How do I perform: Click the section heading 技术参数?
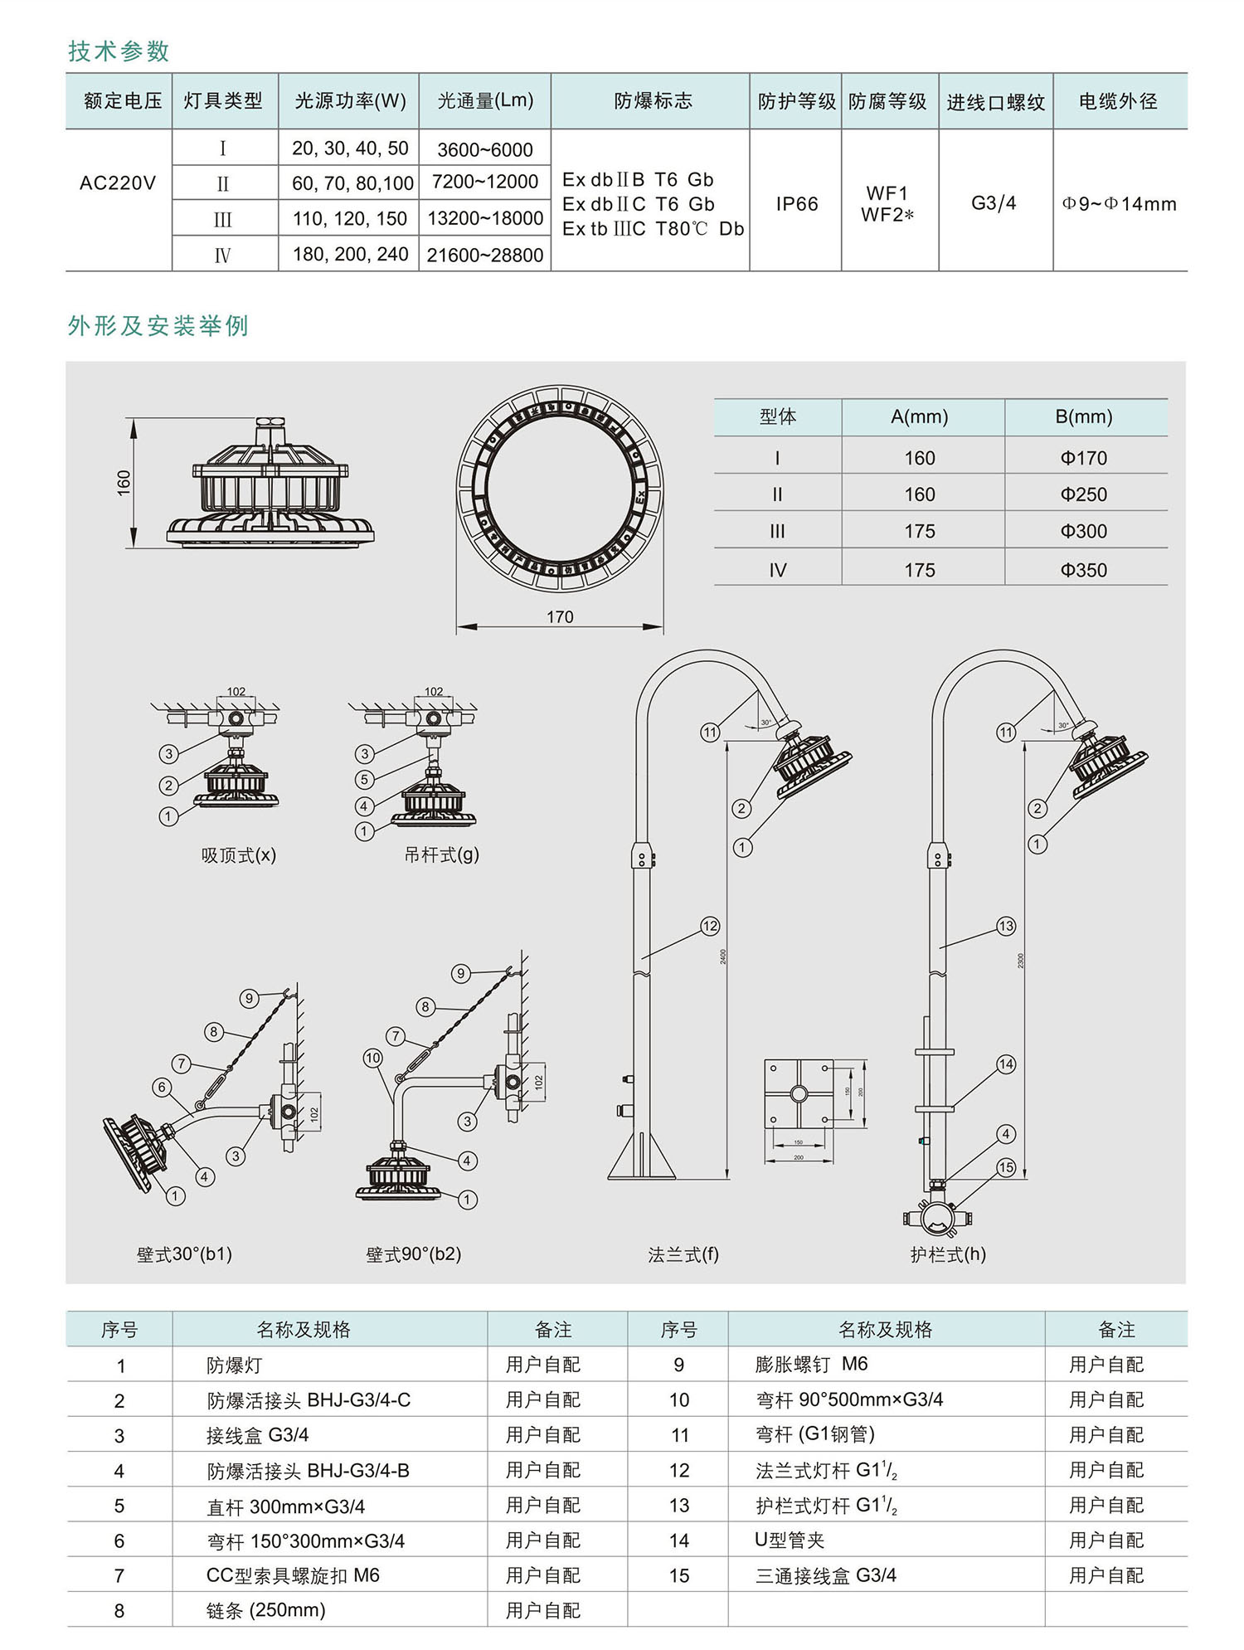[x=119, y=51]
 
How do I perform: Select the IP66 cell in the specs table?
[x=796, y=204]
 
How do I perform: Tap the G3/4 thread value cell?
[x=994, y=203]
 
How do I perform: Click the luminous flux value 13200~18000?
[x=485, y=218]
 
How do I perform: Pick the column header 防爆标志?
[x=653, y=101]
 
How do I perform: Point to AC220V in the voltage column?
[x=118, y=183]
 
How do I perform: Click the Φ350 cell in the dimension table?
[x=1083, y=570]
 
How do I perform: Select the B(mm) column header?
[x=1083, y=416]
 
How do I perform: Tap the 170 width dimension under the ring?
[x=560, y=617]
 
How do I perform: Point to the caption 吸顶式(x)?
[x=239, y=855]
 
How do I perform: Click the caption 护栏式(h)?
[x=948, y=1254]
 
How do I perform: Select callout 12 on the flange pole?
[x=710, y=926]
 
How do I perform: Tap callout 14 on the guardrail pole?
[x=1006, y=1064]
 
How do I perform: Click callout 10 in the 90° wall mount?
[x=372, y=1058]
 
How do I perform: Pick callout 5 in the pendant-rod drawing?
[x=364, y=779]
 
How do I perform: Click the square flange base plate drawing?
[x=798, y=1094]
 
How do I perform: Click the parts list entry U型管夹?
[x=790, y=1540]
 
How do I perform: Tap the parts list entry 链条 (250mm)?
[x=265, y=1611]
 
